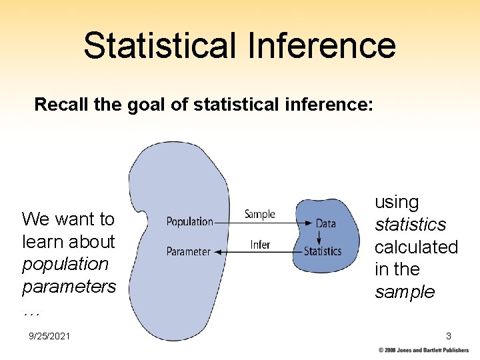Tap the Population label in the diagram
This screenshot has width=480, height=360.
(189, 221)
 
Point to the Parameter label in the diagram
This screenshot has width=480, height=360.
(188, 251)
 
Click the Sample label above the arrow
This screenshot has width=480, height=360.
(259, 214)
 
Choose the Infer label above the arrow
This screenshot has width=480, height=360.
(260, 245)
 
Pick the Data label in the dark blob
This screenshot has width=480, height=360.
(325, 223)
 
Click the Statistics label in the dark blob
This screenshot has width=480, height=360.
(323, 251)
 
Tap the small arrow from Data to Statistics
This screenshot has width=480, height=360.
(319, 237)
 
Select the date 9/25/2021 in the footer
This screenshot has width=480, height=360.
(50, 337)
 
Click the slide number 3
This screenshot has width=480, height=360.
(449, 336)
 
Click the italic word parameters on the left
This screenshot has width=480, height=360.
(69, 287)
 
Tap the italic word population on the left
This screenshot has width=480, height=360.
(65, 264)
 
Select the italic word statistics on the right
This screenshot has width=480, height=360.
(410, 225)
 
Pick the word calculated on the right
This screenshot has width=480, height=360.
(416, 247)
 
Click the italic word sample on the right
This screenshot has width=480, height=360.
(404, 292)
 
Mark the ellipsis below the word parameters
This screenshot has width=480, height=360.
(31, 311)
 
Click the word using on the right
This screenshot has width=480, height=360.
(397, 202)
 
